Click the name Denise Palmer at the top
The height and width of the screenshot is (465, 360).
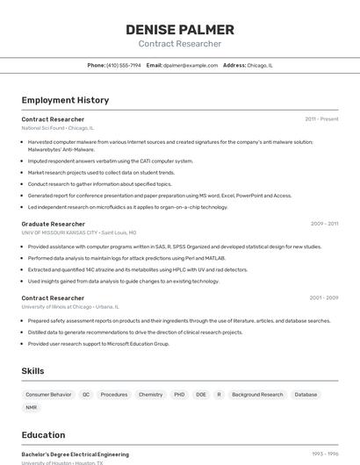click(179, 29)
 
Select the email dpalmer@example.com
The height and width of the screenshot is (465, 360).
click(190, 65)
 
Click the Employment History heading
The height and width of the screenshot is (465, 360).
click(65, 100)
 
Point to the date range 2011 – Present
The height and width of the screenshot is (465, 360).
click(321, 118)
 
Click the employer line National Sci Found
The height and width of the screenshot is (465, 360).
click(57, 128)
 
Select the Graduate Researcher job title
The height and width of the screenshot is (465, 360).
click(53, 224)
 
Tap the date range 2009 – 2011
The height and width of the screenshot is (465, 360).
click(324, 224)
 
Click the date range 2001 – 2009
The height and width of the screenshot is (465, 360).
click(324, 297)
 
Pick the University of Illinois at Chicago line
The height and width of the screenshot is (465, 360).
click(69, 307)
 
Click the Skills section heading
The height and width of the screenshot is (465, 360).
click(32, 371)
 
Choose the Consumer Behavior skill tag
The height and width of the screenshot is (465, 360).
click(48, 395)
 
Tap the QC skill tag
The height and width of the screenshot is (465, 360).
click(86, 395)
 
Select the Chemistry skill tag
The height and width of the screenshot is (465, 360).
click(150, 395)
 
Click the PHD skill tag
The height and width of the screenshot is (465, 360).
click(179, 395)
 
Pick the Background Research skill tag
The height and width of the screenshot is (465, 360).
click(257, 395)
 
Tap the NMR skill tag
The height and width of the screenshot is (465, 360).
click(32, 408)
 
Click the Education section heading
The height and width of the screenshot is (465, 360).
click(43, 434)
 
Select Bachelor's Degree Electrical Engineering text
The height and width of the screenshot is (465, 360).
click(75, 454)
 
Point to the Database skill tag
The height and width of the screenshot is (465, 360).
click(306, 395)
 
